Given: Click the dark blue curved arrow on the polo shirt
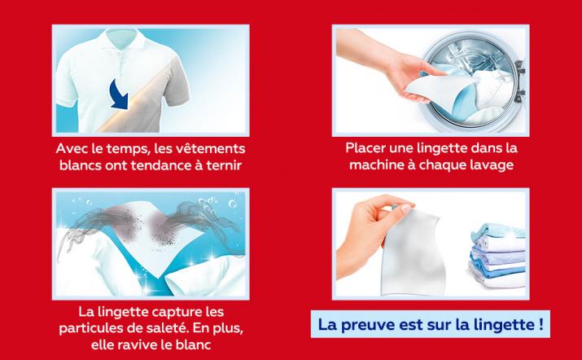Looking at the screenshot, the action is [x=120, y=94].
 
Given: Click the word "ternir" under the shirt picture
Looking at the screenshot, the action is [x=225, y=165].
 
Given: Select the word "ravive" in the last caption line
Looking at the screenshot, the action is [x=134, y=345].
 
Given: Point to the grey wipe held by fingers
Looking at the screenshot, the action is [x=412, y=252].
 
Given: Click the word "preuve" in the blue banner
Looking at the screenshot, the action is [x=367, y=325].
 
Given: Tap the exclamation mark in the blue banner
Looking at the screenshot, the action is [x=540, y=324].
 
